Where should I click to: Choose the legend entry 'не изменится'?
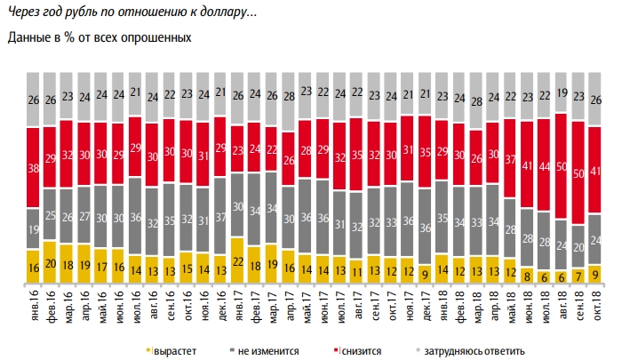point(267,351)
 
